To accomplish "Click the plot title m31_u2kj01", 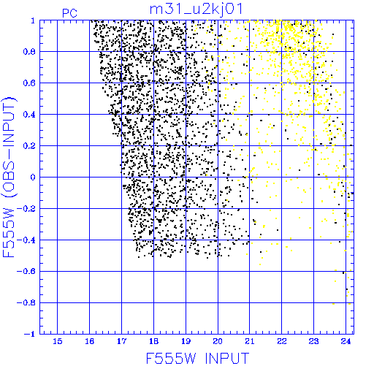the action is (x=196, y=9).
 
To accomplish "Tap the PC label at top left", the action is (x=69, y=13).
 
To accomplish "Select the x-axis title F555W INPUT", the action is (x=197, y=358).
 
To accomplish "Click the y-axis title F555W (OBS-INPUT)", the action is (x=9, y=177).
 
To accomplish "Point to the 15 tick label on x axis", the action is (x=58, y=341).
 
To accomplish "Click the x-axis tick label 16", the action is (x=90, y=341).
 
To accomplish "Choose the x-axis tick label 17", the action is (x=121, y=341).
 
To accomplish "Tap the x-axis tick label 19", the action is (x=186, y=341).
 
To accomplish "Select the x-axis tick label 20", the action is (x=218, y=341).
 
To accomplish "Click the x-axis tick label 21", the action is (x=250, y=341).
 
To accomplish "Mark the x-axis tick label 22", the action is (x=282, y=341).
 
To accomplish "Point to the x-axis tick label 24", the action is (x=346, y=341).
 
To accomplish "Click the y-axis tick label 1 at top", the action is (x=33, y=20).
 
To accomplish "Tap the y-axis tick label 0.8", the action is (x=29, y=52).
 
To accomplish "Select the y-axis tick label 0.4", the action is (x=29, y=115).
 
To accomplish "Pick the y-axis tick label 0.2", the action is (x=29, y=146).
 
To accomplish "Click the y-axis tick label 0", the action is (x=33, y=177).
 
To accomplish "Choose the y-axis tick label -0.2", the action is (x=26, y=209).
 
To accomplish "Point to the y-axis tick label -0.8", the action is (x=26, y=303).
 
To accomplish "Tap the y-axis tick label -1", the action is (x=30, y=334).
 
